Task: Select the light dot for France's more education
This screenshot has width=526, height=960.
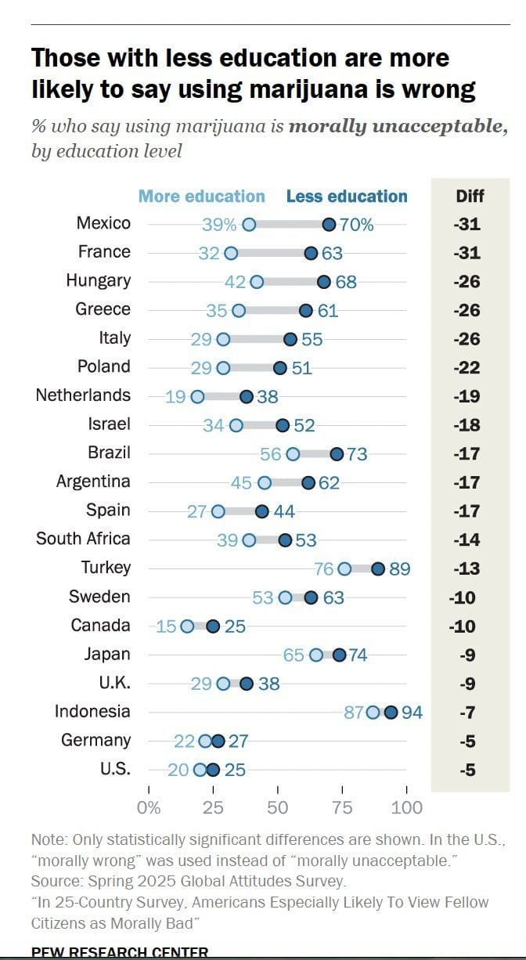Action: point(231,254)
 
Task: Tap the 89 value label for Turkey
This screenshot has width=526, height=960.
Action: point(399,569)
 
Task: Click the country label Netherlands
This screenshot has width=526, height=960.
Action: point(83,395)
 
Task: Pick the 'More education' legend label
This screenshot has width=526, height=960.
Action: point(201,197)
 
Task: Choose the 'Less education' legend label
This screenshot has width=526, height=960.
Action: point(347,197)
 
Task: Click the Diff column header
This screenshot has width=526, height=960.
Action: point(470,197)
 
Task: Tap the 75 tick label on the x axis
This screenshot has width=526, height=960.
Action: point(342,807)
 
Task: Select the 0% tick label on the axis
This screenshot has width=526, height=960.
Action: point(149,807)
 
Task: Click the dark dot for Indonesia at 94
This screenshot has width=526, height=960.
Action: point(391,713)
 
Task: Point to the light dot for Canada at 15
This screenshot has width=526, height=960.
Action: point(187,626)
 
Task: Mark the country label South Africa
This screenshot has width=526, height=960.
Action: point(83,539)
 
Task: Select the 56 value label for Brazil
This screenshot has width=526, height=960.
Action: point(271,454)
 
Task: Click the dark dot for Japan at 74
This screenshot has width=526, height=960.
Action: point(339,655)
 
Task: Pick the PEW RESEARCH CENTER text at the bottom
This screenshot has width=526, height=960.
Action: point(120,953)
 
